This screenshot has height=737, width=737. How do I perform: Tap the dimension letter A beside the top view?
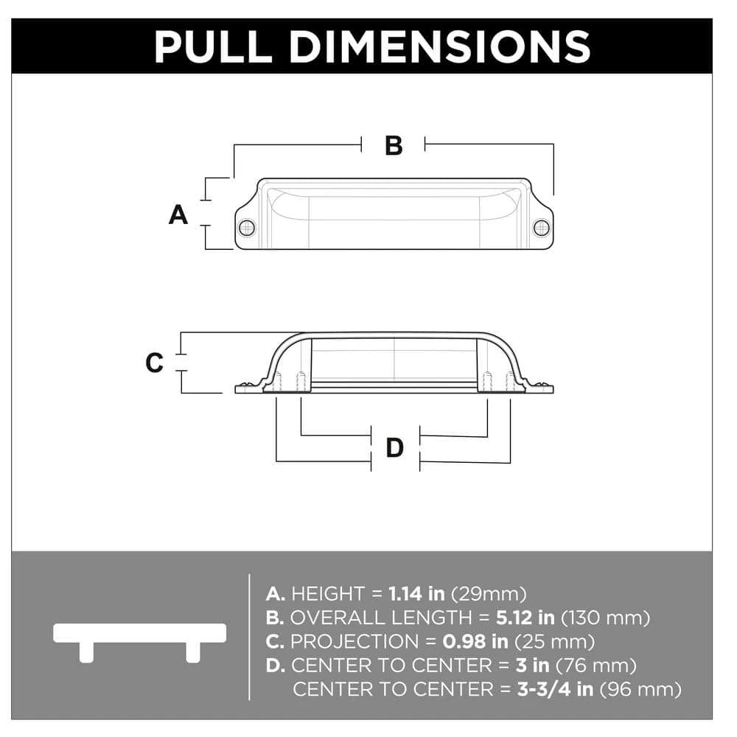178,214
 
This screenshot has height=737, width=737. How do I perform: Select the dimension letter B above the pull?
394,146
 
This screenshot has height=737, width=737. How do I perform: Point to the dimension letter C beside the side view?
155,363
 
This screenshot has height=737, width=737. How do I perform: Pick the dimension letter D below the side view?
395,447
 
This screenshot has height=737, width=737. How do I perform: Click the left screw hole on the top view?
247,228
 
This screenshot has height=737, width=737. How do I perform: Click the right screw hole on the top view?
542,228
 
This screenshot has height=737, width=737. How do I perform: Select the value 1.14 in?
416,593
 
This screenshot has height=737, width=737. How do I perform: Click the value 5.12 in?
525,618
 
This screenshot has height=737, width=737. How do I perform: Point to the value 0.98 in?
475,642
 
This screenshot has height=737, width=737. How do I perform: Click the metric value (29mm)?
489,594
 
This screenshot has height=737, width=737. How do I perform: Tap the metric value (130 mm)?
606,618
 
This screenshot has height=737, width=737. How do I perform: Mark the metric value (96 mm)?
641,690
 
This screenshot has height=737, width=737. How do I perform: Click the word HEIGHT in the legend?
328,593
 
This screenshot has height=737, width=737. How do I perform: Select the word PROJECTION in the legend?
354,642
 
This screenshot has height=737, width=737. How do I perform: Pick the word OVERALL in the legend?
337,618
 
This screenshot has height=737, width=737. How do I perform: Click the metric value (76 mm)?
596,666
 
